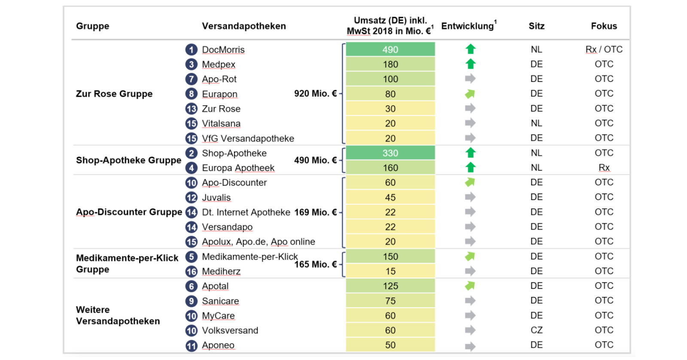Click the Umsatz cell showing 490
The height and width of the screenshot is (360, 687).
tap(390, 49)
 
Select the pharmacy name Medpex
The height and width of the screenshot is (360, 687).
tap(219, 64)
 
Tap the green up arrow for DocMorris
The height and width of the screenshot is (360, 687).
tap(471, 49)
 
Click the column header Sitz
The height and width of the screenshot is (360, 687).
tap(536, 26)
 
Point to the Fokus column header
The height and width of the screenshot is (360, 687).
tap(604, 26)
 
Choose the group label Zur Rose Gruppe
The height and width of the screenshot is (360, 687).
tap(114, 94)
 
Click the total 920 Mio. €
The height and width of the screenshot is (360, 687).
tap(315, 94)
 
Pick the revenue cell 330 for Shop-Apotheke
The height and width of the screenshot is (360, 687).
tap(390, 153)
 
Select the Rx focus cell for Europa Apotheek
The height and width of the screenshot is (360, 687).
tap(604, 168)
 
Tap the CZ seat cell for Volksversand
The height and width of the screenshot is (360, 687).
tap(536, 330)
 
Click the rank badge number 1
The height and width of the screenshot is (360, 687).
tap(192, 50)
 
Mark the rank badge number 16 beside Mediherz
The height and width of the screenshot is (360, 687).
tap(192, 272)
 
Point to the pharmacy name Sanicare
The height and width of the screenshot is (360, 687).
tap(220, 301)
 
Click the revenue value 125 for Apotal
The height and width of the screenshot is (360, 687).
tap(390, 286)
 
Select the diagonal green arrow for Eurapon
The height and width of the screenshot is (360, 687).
tap(470, 94)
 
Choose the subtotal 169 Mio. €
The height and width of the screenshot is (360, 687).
tap(315, 212)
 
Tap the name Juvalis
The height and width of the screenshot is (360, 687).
tap(216, 198)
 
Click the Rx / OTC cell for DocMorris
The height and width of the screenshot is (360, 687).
tap(604, 49)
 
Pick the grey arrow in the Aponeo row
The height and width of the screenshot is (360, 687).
tap(470, 346)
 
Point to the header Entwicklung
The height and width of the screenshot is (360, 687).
tap(468, 26)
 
